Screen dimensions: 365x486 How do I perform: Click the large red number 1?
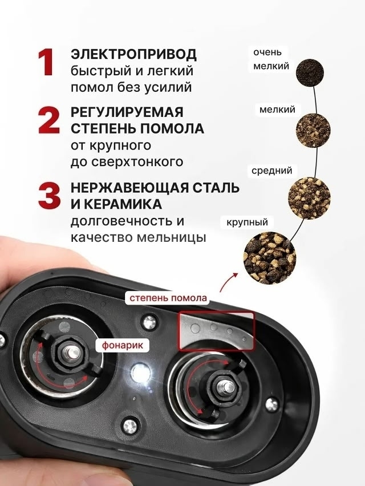[x=46, y=62]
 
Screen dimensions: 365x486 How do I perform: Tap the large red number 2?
[x=48, y=120]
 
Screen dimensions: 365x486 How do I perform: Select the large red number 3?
[x=49, y=196]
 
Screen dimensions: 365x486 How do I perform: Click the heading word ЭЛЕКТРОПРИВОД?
[x=133, y=54]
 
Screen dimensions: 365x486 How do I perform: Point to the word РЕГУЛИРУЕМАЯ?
[x=127, y=112]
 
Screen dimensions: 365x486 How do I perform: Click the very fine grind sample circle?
[x=310, y=73]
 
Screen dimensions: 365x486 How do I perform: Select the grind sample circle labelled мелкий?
[x=313, y=131]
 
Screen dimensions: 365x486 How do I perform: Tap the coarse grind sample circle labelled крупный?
[x=270, y=258]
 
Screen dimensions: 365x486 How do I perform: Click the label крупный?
[x=247, y=222]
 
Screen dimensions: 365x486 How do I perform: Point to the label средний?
[x=271, y=171]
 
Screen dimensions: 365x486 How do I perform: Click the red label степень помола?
[x=168, y=298]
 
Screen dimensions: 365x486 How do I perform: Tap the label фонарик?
[x=123, y=345]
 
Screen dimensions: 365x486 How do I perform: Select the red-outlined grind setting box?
[x=216, y=331]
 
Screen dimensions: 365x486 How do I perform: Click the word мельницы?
[x=171, y=238]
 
